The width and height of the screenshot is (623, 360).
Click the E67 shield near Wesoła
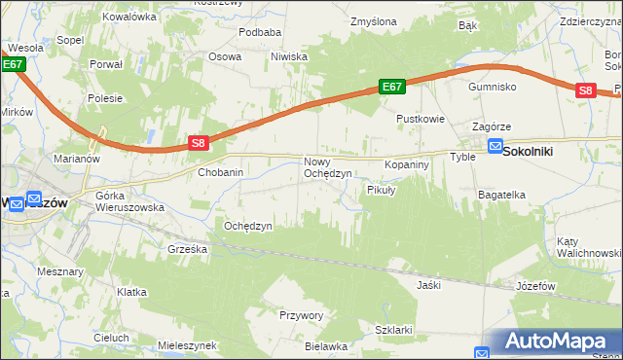point(12,65)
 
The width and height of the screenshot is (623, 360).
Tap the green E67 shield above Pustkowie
point(391,88)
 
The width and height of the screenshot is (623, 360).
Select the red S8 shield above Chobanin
point(198,143)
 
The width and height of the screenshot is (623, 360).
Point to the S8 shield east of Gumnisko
point(585,90)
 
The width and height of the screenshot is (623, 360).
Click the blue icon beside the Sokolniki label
point(495,148)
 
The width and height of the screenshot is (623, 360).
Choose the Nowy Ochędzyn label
point(328,167)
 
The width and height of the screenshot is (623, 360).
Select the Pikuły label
point(381,190)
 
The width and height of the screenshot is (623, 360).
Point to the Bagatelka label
point(501,195)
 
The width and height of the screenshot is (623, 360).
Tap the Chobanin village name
point(220,172)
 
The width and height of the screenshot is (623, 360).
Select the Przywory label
point(301,315)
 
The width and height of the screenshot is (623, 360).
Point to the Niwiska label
point(289,56)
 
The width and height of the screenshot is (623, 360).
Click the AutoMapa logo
point(552,342)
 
